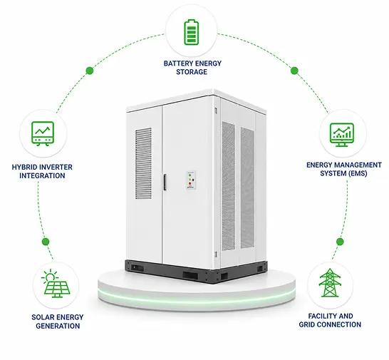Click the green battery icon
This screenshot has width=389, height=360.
pos(191,32)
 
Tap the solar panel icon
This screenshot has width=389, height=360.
pos(56,283)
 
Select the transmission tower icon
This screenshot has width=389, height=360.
pos(330,282)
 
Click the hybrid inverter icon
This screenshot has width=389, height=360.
pos(43,133)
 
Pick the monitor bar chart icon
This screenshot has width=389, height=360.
pos(342,135)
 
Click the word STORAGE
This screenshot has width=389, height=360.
pos(192,72)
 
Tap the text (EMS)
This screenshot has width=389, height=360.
pos(357,173)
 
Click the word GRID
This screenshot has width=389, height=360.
pos(306,324)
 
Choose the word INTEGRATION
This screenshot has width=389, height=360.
pos(42,176)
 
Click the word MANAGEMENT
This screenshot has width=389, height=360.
pos(357,165)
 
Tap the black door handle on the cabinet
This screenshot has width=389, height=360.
pos(165,182)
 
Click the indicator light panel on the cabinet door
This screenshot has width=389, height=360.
pos(191,180)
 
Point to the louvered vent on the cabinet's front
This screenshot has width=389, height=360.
pos(143,163)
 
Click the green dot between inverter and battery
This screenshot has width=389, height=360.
pos(90,71)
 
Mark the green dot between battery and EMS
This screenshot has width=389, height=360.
pos(294,71)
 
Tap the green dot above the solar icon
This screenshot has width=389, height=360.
pos(46,242)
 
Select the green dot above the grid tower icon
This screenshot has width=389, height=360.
pos(340,242)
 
